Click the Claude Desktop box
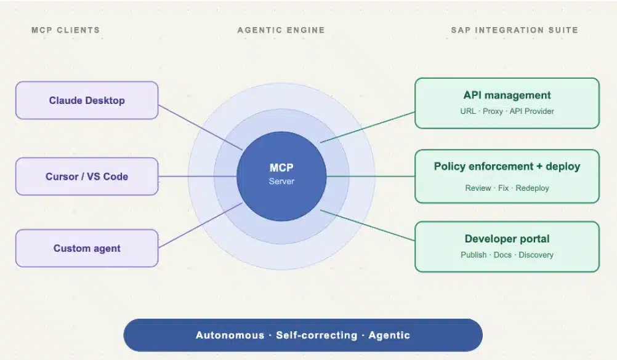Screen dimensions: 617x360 87,100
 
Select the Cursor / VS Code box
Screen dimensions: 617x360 87,176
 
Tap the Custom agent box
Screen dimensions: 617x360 87,248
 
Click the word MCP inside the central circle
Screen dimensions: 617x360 281,167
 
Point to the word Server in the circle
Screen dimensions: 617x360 281,182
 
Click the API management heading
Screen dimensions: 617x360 507,95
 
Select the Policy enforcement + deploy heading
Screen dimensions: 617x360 507,166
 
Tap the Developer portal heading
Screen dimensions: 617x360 507,239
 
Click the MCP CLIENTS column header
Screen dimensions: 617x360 66,30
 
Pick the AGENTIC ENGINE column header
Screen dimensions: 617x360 281,30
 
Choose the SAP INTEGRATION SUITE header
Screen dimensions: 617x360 514,30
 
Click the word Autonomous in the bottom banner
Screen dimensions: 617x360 230,335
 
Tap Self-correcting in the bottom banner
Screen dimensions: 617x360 317,335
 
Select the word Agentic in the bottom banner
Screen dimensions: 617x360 389,335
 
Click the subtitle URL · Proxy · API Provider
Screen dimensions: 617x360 507,111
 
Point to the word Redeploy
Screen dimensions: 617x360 532,188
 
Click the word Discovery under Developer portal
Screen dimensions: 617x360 536,255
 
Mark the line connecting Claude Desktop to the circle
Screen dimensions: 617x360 200,127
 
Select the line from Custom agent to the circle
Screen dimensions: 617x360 200,225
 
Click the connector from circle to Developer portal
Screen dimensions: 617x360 368,225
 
